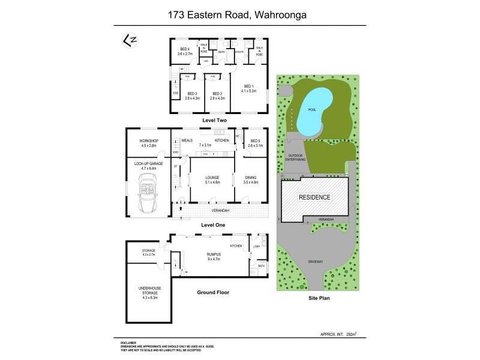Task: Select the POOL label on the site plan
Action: click(312, 110)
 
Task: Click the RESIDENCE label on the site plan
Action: click(314, 197)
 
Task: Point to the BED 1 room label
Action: click(249, 88)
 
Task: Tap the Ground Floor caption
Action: click(213, 293)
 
